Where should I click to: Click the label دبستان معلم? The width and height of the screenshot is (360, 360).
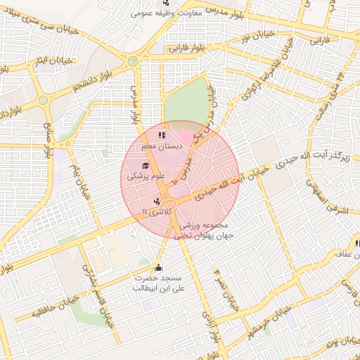pos(162,146)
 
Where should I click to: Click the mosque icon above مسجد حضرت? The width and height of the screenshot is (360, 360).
pos(158,267)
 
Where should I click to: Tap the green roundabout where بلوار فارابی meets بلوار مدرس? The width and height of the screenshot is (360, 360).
pos(132,61)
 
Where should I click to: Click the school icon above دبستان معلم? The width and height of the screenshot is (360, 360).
pos(161,134)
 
